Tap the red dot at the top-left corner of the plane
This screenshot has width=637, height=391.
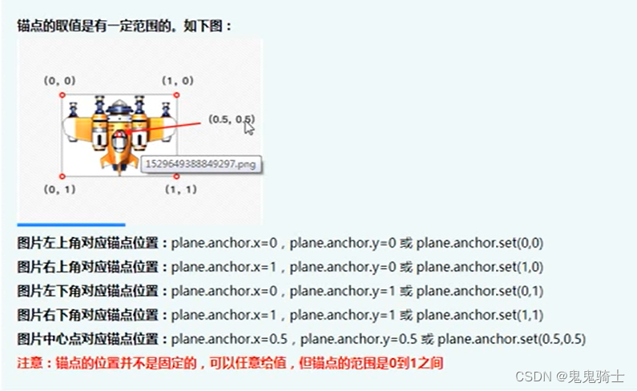62,95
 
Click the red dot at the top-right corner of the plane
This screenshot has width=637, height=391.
176,95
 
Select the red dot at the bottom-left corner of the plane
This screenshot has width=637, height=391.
62,175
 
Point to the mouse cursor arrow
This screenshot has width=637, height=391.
249,128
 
